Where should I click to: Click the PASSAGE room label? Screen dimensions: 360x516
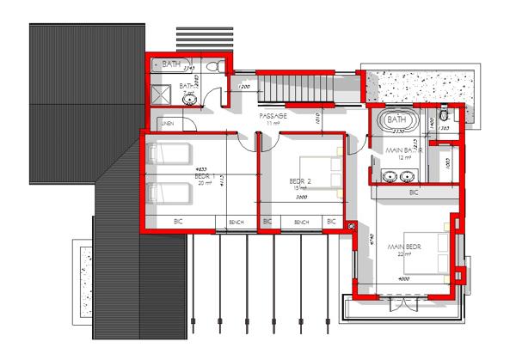click(274, 115)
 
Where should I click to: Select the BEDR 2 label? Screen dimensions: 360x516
click(299, 181)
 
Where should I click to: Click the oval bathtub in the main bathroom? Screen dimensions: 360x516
click(396, 119)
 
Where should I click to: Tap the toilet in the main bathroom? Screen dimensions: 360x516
click(443, 115)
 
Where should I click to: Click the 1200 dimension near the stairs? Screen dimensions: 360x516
click(243, 88)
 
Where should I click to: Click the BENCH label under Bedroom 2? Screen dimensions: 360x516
click(301, 223)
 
